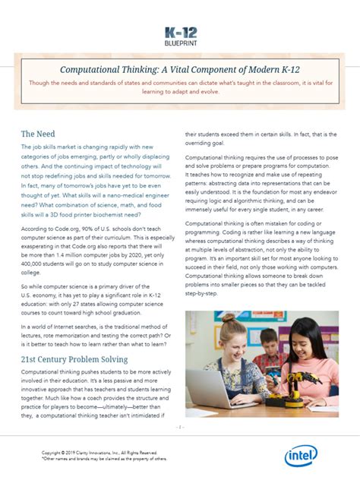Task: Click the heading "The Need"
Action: click(37, 134)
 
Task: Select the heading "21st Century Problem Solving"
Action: click(74, 358)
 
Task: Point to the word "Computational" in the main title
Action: click(90, 68)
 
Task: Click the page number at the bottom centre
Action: click(180, 428)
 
